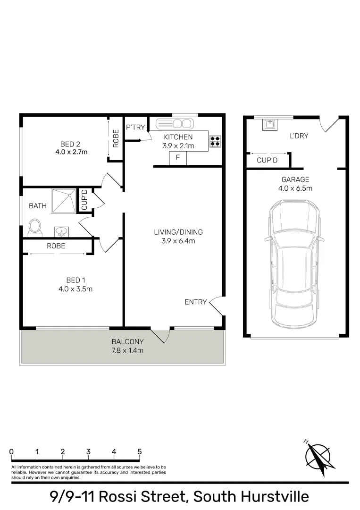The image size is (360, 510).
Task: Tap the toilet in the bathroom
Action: (x=34, y=227)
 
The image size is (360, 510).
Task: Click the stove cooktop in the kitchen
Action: (x=215, y=140)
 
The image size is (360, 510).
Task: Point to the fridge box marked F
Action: (x=178, y=158)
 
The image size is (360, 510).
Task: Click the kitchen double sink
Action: (x=175, y=124)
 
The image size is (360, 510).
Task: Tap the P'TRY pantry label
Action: (x=135, y=127)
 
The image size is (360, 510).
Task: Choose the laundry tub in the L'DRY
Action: (x=270, y=124)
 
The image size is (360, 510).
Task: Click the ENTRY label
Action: (x=196, y=302)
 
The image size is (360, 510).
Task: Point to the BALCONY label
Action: (x=127, y=341)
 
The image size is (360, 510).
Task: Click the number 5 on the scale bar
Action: (x=140, y=452)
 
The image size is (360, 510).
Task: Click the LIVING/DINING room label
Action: (x=178, y=232)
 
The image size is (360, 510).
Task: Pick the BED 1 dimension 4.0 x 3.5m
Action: (x=72, y=289)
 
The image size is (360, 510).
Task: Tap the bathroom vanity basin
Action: (x=61, y=231)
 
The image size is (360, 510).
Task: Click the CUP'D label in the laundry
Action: (x=267, y=161)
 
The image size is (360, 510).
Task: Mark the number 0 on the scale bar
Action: (x=11, y=452)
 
